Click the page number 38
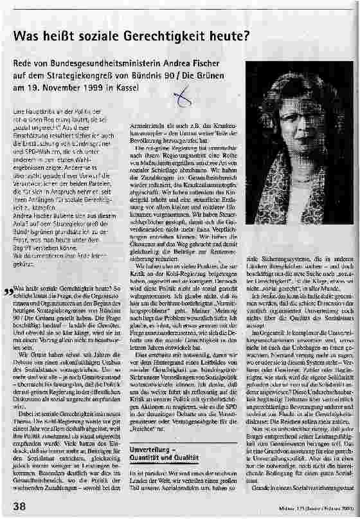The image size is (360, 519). tap(19, 507)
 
